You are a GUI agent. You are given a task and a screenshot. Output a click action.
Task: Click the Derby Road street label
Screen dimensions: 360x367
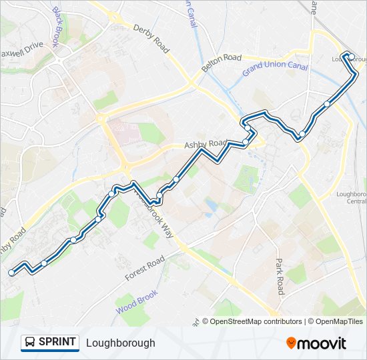point(151,37)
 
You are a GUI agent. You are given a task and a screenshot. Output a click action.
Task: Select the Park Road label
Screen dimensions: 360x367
point(280,277)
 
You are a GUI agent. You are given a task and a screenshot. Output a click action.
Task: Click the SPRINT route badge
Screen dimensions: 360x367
point(50,343)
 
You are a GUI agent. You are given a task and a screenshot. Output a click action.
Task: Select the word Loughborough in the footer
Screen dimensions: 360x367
point(120,343)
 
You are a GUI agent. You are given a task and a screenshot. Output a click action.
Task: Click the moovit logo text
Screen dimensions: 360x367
point(322,343)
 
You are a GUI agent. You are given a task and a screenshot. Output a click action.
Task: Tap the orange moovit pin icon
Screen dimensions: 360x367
point(291,343)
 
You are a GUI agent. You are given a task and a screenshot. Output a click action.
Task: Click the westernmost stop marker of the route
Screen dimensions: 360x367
point(11,272)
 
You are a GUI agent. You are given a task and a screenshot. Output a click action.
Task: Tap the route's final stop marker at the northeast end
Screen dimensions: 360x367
point(351,57)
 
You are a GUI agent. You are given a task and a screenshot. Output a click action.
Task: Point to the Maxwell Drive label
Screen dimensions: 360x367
point(21,49)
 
